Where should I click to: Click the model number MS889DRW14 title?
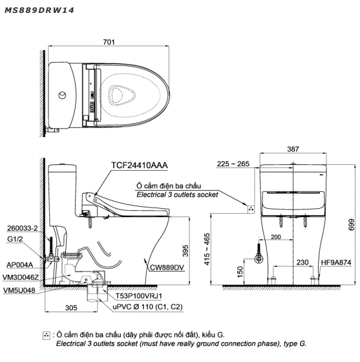39,10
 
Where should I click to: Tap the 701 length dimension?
109,42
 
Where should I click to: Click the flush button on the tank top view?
62,95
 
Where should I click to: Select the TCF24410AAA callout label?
140,165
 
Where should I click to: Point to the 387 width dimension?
293,149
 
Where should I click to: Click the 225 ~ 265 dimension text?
233,164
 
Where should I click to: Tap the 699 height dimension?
351,224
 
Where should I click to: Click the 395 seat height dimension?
185,251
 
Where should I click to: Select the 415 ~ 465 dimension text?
207,249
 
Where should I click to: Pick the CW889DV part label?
167,268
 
